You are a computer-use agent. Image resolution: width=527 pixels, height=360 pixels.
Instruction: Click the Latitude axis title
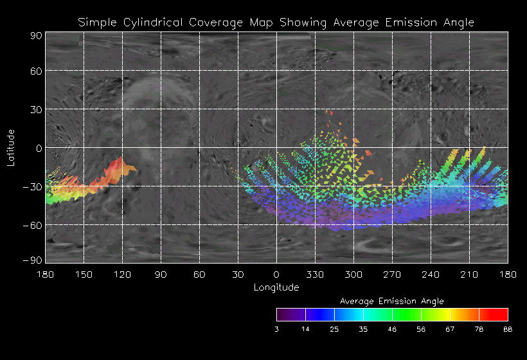[11, 147]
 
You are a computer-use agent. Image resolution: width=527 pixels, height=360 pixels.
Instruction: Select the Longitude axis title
[276, 287]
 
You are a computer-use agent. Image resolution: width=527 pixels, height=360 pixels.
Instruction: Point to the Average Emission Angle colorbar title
[391, 301]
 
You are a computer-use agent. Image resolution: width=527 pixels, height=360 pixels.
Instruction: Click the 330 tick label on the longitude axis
[315, 274]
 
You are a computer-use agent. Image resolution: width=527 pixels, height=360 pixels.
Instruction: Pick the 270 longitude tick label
[392, 274]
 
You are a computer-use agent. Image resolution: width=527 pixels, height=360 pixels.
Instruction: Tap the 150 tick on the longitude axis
[84, 274]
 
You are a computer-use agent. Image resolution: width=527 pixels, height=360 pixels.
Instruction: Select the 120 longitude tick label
[122, 274]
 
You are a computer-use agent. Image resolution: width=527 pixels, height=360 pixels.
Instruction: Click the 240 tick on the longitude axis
[431, 274]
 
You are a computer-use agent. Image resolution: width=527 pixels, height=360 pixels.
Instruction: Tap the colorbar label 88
[508, 329]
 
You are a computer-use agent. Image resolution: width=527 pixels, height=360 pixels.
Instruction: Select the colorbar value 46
[392, 329]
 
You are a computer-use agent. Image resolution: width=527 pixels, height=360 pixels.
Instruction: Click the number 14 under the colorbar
[305, 329]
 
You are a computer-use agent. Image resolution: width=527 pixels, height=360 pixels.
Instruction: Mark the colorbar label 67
[450, 329]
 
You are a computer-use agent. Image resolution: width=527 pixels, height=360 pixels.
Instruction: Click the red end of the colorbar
[503, 314]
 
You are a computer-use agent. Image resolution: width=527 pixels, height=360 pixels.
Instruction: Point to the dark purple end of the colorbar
[281, 314]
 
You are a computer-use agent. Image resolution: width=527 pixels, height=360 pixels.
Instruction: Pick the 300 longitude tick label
[353, 274]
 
